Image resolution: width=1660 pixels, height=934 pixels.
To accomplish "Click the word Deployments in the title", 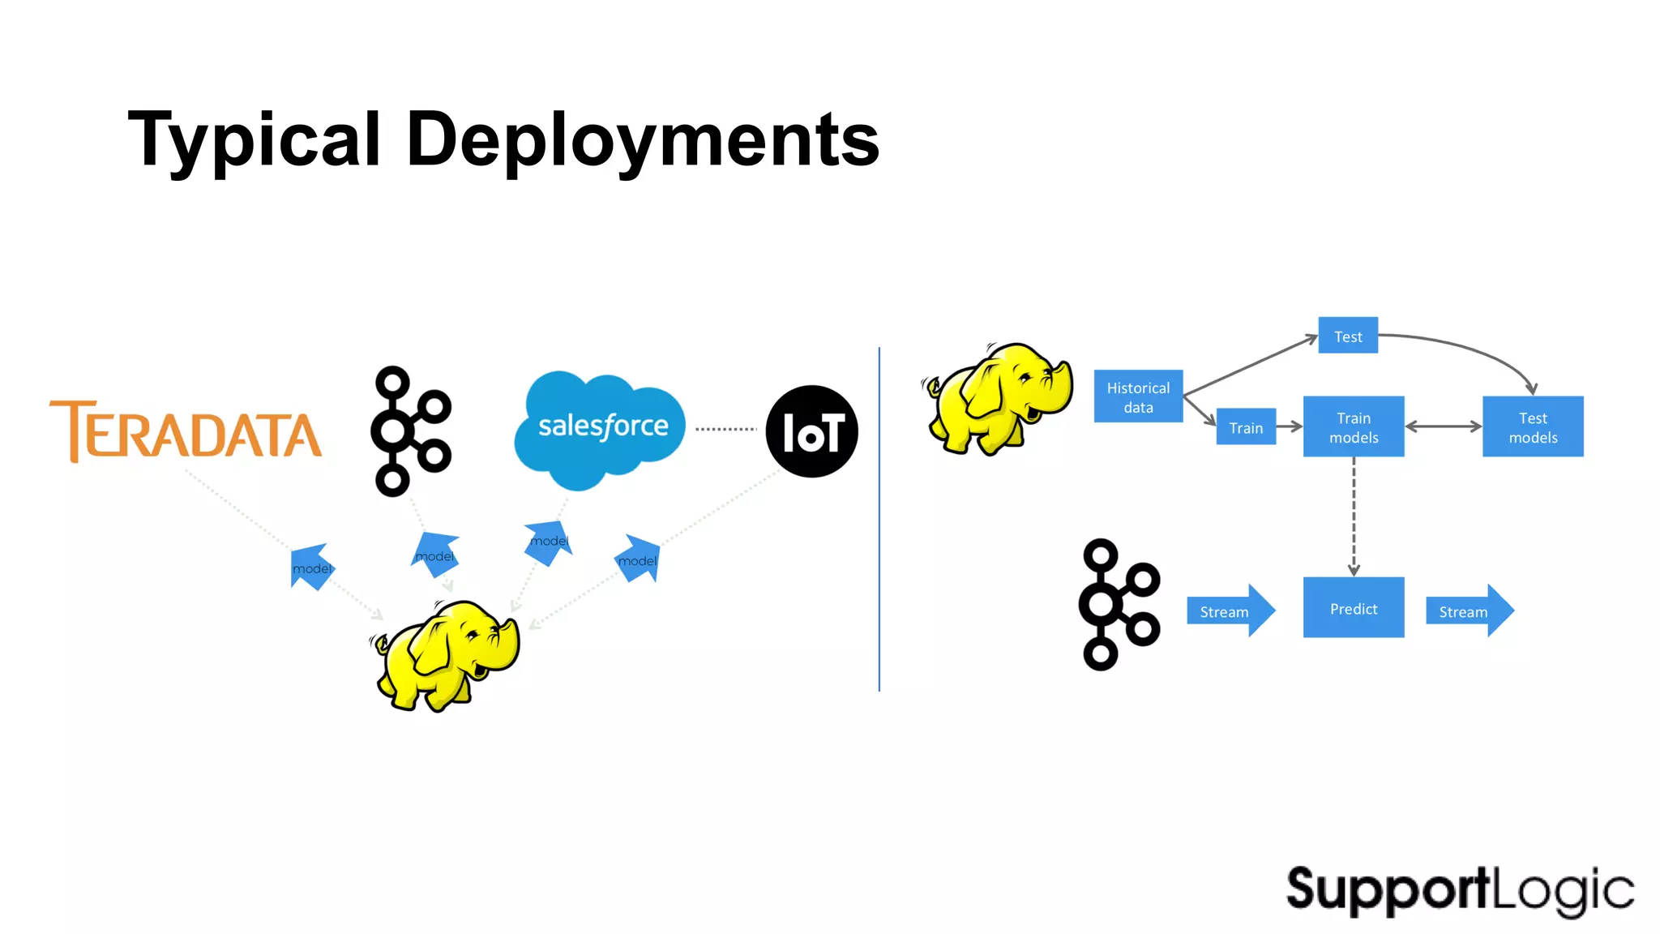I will point(642,140).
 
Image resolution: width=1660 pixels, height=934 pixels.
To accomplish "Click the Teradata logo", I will point(186,432).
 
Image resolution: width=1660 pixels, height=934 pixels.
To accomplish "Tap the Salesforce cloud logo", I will point(601,427).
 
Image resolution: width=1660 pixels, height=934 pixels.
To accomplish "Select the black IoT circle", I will point(811,431).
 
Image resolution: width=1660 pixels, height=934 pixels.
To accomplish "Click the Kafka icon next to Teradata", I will point(409,431).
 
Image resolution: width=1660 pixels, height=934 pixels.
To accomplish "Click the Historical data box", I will point(1138,397).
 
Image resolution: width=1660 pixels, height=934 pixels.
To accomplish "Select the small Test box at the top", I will point(1348,336).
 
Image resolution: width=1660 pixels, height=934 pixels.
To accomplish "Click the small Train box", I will point(1246,427).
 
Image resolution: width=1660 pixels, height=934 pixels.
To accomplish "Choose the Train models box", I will point(1354,427).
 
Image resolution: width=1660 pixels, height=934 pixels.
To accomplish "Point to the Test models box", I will point(1533,427).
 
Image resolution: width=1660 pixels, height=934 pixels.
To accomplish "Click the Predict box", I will point(1354,608).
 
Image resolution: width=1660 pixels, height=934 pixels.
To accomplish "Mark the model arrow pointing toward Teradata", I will point(311,567).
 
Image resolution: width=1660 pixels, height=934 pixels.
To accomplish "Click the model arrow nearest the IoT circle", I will point(639,559).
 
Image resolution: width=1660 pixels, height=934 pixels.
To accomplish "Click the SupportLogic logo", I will point(1460,890).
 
